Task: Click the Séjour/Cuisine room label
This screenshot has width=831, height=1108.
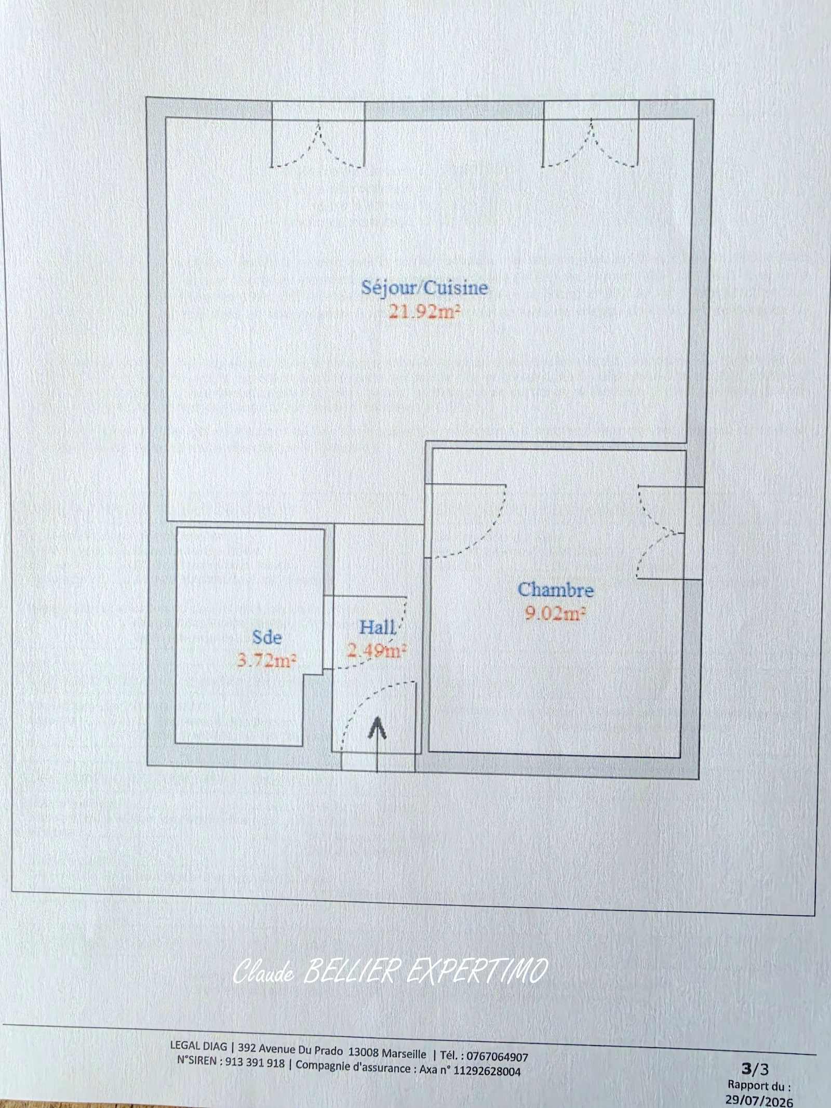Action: tap(424, 288)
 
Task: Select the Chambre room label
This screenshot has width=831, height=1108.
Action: tap(556, 590)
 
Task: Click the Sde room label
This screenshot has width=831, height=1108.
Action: tap(267, 637)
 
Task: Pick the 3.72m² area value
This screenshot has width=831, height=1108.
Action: tap(267, 660)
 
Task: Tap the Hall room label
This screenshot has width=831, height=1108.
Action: tap(378, 627)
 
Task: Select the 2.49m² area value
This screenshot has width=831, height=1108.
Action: tap(377, 650)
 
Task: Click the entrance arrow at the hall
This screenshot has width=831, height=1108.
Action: tap(377, 744)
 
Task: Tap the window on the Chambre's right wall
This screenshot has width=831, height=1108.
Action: tap(670, 532)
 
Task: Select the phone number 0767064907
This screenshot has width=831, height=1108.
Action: tap(497, 1042)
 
